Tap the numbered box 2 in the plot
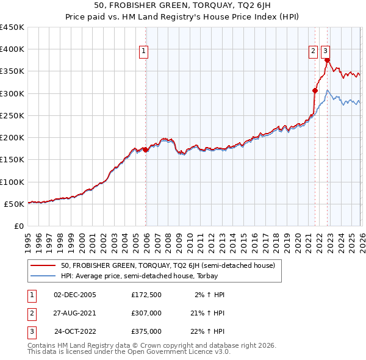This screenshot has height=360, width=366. (314, 52)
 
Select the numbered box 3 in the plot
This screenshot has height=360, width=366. (326, 52)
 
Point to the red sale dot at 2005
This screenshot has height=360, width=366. (145, 149)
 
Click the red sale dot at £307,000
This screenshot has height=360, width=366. (315, 90)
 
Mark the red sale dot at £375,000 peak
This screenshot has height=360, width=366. (328, 60)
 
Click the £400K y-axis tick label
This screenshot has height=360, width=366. (12, 49)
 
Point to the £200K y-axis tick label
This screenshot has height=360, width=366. (12, 138)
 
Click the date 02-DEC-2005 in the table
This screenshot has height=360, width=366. (75, 294)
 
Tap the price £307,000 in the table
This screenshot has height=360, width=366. (146, 313)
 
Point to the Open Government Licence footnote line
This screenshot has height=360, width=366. (129, 352)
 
